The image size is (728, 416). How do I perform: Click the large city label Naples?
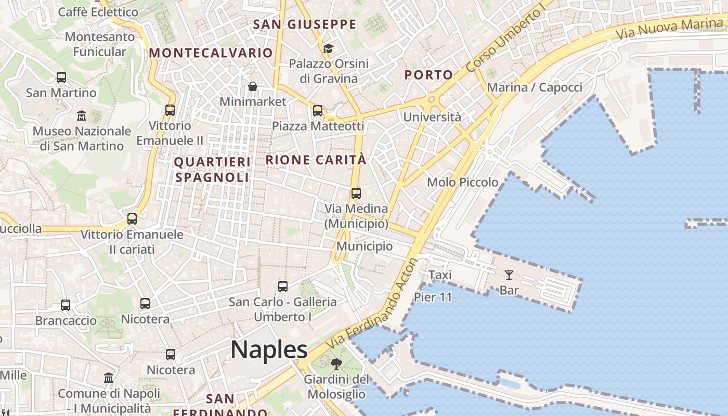click(269, 349)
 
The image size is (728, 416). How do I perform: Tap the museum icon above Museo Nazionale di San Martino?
click(82, 115)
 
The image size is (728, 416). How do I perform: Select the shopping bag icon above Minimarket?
click(253, 86)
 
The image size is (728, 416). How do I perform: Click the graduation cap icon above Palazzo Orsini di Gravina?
click(328, 49)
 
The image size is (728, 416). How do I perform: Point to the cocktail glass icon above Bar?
click(509, 275)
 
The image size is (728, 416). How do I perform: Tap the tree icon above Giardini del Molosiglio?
click(336, 363)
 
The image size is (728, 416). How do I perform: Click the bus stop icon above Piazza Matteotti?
click(318, 111)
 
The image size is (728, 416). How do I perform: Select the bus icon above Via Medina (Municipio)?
click(356, 193)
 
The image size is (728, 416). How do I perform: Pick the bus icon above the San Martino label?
click(61, 77)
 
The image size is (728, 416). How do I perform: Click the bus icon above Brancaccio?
click(66, 305)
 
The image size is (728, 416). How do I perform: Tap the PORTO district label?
click(428, 75)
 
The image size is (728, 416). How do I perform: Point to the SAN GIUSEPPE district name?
click(305, 24)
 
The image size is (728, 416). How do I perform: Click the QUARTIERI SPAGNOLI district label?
click(212, 170)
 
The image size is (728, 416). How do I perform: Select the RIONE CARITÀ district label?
click(316, 160)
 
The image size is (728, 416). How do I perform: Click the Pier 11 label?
click(433, 297)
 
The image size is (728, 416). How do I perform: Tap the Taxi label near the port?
click(440, 275)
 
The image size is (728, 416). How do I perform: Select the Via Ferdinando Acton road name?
click(372, 305)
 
